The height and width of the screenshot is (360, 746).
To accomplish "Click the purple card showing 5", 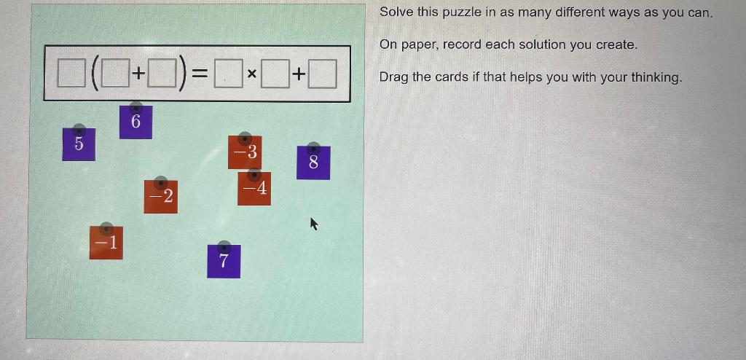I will (x=79, y=144).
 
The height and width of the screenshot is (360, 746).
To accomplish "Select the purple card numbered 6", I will (x=136, y=122).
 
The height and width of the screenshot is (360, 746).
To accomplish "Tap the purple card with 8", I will (x=313, y=163).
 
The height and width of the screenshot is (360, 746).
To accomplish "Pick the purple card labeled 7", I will (x=224, y=261).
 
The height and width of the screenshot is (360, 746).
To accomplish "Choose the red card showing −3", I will (x=245, y=151).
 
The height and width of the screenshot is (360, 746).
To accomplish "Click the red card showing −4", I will (x=254, y=189).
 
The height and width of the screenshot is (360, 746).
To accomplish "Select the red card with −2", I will (x=161, y=196).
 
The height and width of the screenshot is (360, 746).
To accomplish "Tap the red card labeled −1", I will (x=106, y=243).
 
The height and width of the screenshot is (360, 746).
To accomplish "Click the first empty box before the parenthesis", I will (x=71, y=74).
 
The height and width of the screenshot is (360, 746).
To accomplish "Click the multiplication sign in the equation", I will (x=251, y=74).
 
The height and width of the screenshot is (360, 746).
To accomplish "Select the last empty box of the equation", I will (x=323, y=74).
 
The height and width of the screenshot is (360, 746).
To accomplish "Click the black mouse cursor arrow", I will (x=314, y=223).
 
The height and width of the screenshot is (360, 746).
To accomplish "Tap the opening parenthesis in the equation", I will (x=95, y=74).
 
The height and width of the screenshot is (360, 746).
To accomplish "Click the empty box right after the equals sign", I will (x=228, y=74).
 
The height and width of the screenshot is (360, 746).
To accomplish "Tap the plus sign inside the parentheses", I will (x=137, y=74).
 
